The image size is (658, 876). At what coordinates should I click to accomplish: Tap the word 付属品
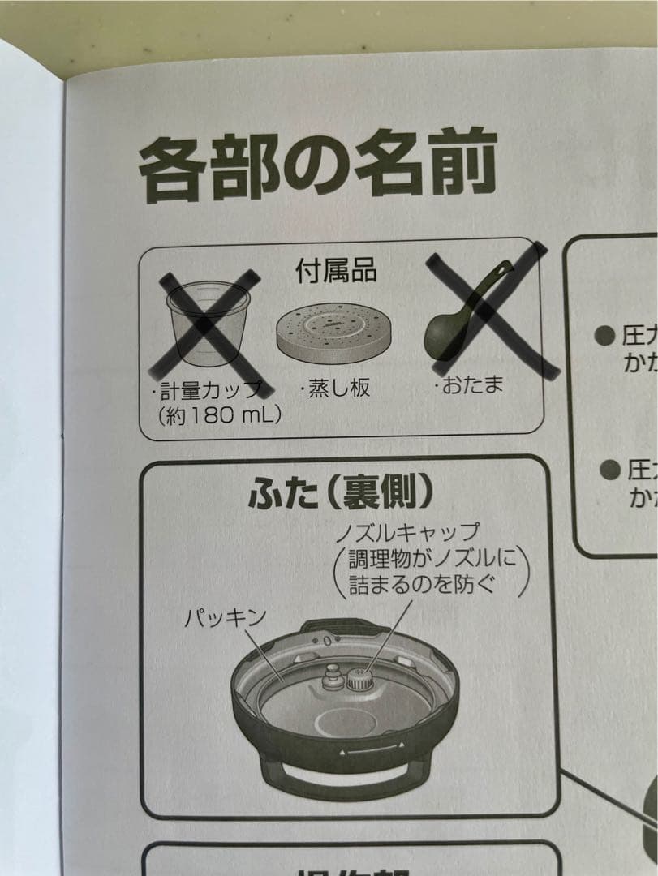(335, 271)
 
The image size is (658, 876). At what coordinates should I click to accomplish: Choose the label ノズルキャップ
(409, 533)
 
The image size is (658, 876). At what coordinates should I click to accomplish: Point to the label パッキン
(225, 618)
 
